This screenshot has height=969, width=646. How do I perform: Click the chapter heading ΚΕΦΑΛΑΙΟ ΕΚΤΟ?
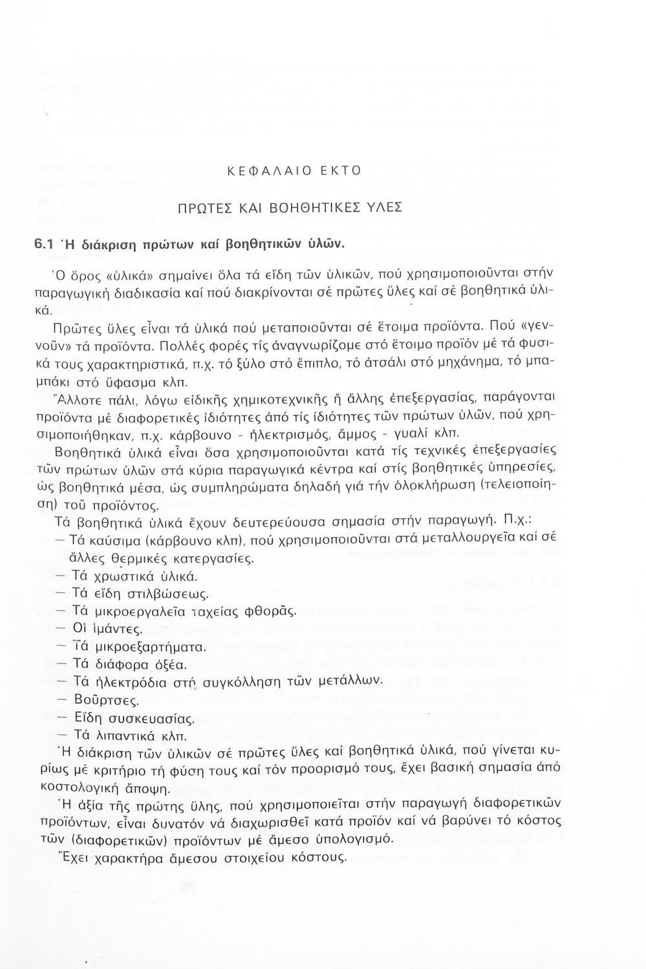(x=290, y=171)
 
